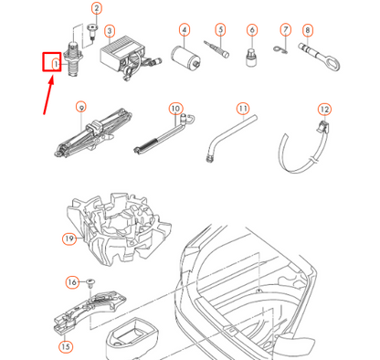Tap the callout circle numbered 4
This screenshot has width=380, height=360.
(x=184, y=30)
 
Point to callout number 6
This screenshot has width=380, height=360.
(x=251, y=30)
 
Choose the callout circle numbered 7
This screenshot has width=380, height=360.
(x=285, y=30)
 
